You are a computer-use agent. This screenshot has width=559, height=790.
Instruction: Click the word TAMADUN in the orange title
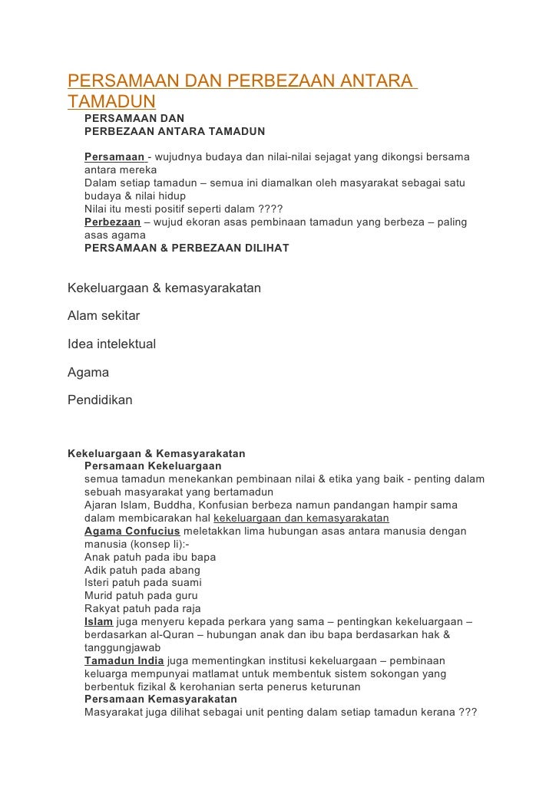point(112,102)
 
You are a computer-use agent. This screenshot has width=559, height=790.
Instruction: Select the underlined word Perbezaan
point(112,222)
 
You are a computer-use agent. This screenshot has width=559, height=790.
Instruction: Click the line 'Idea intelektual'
point(112,344)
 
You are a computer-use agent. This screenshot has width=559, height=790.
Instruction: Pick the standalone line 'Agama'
point(88,373)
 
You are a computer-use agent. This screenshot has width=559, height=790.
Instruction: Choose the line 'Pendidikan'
point(100,400)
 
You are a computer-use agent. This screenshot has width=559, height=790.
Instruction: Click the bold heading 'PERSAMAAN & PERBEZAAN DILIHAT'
point(187,249)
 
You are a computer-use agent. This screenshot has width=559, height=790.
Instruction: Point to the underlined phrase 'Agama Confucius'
point(132,532)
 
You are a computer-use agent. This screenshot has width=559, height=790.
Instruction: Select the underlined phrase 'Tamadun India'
point(124,661)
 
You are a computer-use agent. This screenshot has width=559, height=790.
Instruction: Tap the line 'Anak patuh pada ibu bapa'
point(150,558)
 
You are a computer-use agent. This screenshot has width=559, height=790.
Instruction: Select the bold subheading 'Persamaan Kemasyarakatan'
point(160,699)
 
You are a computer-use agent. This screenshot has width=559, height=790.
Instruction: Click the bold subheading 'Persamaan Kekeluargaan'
point(153,466)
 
